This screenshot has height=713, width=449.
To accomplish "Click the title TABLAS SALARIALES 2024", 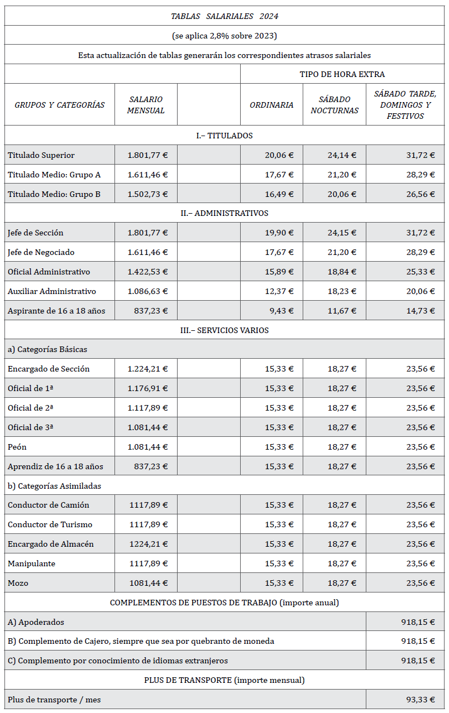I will [225, 16].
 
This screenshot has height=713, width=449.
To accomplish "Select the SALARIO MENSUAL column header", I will [146, 105].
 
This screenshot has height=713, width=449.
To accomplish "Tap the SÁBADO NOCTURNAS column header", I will [335, 105].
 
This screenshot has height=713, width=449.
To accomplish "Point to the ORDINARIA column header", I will [271, 105].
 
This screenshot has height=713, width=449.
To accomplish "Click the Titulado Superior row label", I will [41, 155].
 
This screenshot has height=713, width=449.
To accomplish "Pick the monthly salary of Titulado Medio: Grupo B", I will [147, 194].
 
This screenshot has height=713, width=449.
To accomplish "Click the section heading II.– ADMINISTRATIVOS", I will [225, 213].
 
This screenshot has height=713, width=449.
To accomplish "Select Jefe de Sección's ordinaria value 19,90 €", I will [279, 233].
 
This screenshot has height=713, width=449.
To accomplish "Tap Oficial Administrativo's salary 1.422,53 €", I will [147, 272].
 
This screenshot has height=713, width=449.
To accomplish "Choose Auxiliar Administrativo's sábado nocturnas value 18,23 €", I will [342, 291].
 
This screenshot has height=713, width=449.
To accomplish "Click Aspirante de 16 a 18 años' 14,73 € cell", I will [421, 311].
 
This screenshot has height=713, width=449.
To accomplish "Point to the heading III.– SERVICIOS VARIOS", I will [225, 330].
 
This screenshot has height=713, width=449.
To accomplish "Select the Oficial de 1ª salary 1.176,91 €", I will [147, 388].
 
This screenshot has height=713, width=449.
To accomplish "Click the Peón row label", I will [17, 447].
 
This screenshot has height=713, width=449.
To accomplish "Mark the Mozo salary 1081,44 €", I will [149, 583].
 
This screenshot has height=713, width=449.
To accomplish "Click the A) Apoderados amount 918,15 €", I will [418, 622].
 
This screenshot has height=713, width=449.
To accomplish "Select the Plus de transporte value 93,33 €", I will [421, 700].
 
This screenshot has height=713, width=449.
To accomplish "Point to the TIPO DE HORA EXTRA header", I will [342, 74].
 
